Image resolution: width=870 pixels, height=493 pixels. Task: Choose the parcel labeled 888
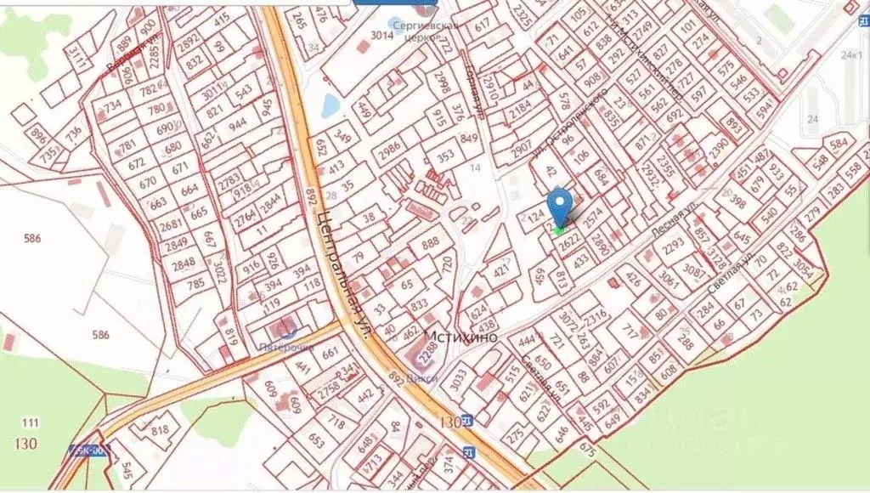[430, 244]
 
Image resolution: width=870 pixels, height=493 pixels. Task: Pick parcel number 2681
[171, 224]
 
